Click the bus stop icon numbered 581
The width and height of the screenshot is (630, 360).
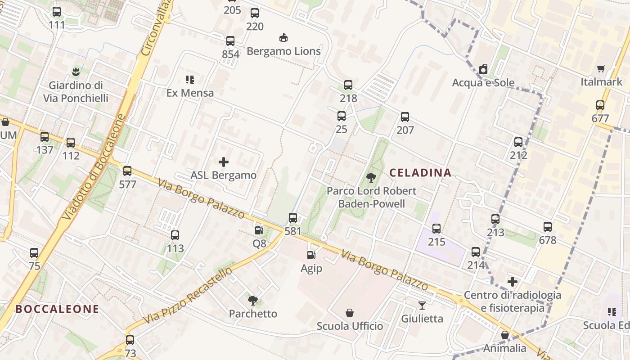point(293,218)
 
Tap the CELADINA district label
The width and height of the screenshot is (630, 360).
point(420,172)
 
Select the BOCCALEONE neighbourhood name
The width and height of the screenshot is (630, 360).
point(57,309)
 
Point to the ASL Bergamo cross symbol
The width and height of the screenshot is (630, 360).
point(224,162)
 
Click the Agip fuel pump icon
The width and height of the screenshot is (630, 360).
point(311,255)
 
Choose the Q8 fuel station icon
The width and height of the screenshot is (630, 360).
point(259,230)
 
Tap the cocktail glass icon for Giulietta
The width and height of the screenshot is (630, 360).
point(422,306)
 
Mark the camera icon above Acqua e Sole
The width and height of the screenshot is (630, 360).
point(483,69)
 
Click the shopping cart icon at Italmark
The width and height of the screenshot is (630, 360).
point(601,69)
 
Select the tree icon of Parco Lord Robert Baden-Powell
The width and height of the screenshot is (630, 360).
point(371,178)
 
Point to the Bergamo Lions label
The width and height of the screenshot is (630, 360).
point(283,51)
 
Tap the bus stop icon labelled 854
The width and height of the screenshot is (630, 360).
point(230,41)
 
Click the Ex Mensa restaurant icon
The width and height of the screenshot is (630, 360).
point(190,80)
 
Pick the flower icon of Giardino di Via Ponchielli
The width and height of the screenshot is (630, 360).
point(76,71)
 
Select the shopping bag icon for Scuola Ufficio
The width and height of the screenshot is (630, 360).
point(350,312)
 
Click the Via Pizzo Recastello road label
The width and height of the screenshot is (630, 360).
point(188,295)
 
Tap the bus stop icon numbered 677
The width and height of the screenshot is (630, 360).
point(600,105)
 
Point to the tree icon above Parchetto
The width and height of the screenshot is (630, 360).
point(253,300)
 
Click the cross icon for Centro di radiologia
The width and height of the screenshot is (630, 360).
point(512,282)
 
